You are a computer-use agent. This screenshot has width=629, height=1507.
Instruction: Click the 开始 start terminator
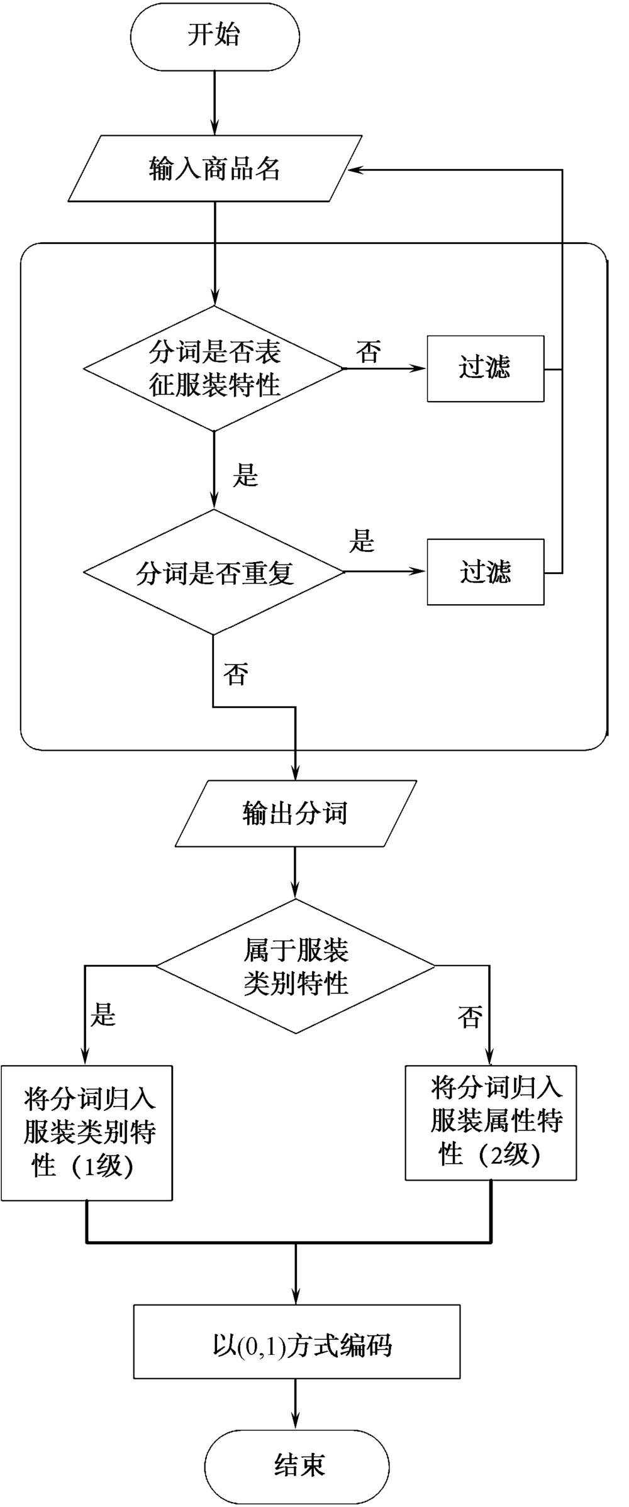click(x=214, y=36)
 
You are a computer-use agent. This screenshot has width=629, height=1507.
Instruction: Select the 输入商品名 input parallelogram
click(x=214, y=168)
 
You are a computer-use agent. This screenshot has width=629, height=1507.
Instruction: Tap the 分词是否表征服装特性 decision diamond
click(x=214, y=368)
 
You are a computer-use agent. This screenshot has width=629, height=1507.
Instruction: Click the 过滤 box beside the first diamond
click(x=485, y=368)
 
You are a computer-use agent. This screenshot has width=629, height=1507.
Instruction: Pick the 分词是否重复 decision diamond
click(x=214, y=572)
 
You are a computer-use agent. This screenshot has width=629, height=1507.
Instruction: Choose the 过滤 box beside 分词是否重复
click(x=485, y=572)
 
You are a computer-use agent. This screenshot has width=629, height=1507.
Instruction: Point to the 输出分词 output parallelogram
click(x=295, y=814)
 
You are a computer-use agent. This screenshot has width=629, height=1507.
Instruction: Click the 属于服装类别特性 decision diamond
click(x=295, y=966)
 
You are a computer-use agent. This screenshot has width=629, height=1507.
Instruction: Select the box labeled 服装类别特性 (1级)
click(x=87, y=1134)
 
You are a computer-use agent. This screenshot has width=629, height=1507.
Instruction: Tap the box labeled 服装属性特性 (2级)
click(x=491, y=1122)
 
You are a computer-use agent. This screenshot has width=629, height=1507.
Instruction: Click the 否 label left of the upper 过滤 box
click(x=369, y=352)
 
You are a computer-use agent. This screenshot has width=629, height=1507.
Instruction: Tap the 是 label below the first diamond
click(x=245, y=475)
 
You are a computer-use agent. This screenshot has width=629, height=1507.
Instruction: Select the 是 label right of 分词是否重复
click(x=362, y=541)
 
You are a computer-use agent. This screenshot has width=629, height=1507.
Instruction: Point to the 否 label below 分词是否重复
click(x=236, y=675)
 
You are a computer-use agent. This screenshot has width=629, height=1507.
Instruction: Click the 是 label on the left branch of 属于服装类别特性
click(x=103, y=1014)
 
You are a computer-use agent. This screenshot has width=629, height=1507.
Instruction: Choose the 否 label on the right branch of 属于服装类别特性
click(x=470, y=1017)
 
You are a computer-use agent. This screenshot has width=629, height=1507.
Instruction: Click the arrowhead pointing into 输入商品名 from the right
click(x=356, y=170)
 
